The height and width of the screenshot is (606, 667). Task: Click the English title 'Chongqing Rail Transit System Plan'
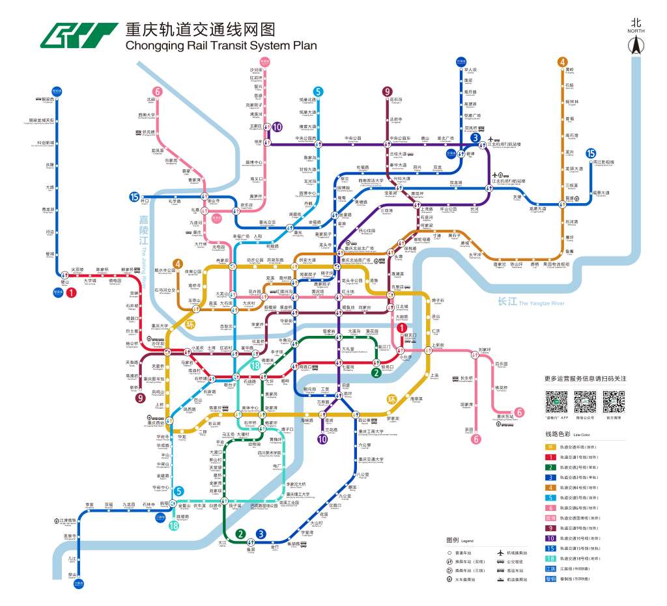(221, 46)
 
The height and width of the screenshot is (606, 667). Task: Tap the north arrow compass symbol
(635, 44)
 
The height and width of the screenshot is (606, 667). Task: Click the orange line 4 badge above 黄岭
(561, 62)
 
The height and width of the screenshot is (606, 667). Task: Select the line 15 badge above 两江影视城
(591, 152)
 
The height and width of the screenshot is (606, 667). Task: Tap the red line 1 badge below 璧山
(71, 293)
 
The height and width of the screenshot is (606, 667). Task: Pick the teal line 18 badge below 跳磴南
(173, 526)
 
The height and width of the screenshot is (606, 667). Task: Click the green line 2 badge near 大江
(241, 534)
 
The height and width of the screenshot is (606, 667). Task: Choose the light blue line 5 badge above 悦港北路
(318, 92)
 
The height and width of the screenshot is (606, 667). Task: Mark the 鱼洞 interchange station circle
(251, 545)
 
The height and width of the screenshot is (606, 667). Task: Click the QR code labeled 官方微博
(614, 402)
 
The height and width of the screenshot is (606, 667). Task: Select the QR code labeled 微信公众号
(586, 402)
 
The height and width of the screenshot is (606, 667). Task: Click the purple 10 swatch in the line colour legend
(550, 538)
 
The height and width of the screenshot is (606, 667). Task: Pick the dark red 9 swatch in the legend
(550, 528)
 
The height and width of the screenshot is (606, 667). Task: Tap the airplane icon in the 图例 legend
(501, 552)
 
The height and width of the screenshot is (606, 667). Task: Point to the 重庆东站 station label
(503, 417)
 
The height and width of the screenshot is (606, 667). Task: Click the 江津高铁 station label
(68, 521)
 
